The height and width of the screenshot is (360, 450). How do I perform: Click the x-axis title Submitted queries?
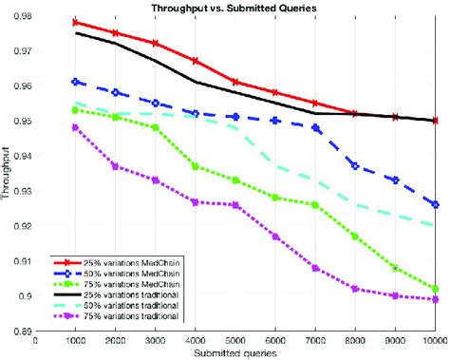pos(235,352)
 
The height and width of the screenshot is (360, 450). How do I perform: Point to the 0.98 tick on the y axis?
pos(22,16)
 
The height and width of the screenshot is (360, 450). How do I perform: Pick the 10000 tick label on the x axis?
pos(434,340)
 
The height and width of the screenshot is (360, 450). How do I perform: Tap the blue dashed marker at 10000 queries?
pos(435,204)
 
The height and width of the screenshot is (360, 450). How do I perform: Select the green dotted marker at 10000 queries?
pos(435,289)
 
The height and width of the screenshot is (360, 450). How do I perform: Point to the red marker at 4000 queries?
pos(196,61)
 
